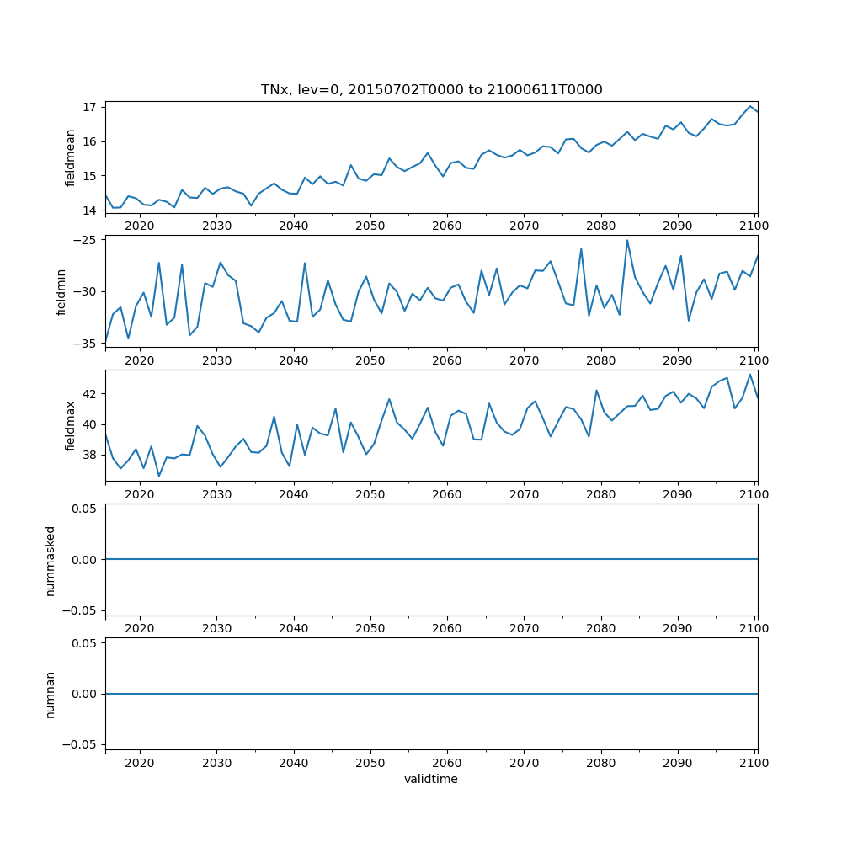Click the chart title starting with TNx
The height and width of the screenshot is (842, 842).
coord(431,90)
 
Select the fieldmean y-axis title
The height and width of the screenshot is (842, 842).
coord(71,157)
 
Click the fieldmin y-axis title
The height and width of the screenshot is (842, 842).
coord(61,291)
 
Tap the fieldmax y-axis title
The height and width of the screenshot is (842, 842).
coord(71,425)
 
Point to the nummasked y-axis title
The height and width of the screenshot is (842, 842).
coord(50,560)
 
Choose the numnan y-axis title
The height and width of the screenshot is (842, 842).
coord(50,694)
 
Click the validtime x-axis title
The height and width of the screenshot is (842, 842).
coord(431,780)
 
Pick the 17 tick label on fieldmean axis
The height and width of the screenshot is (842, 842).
coord(89,108)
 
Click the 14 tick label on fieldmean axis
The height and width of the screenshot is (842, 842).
coord(89,210)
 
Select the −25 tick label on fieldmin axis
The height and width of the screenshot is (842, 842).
coord(85,240)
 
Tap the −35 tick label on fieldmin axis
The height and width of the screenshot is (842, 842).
coord(85,344)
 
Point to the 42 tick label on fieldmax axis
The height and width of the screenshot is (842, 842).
coord(89,394)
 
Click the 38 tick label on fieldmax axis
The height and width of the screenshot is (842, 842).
coord(89,455)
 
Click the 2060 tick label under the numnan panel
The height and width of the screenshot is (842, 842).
coord(446,763)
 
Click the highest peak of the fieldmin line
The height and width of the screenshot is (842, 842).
coord(626,240)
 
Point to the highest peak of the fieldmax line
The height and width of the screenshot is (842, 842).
coord(750,375)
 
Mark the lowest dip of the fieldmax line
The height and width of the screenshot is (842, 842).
coord(158,477)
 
